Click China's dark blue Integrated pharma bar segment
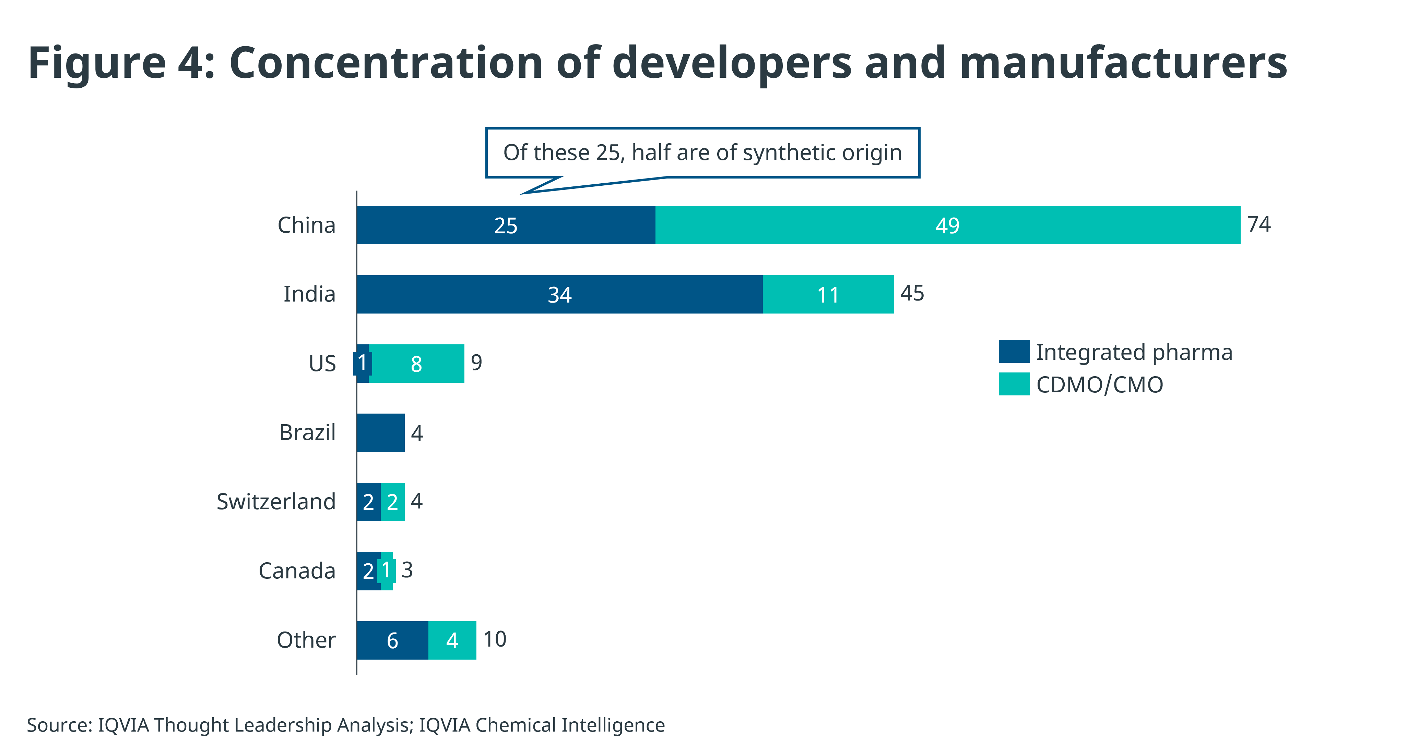tap(506, 225)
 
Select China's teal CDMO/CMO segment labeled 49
tap(947, 225)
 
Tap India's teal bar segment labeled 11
tap(828, 294)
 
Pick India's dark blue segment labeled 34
tap(560, 294)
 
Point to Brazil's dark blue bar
tap(381, 433)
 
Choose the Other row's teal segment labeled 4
tap(452, 640)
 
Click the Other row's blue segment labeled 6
tap(392, 640)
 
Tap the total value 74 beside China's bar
tap(1259, 224)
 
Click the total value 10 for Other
tap(495, 639)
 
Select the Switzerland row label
tap(276, 501)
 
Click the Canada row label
tap(297, 571)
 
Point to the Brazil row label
tap(307, 433)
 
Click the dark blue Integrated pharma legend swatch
tap(1014, 352)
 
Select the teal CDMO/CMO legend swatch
tap(1014, 384)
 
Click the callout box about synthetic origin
tap(702, 152)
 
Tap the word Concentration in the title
tap(386, 63)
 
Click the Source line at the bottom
tap(345, 725)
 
